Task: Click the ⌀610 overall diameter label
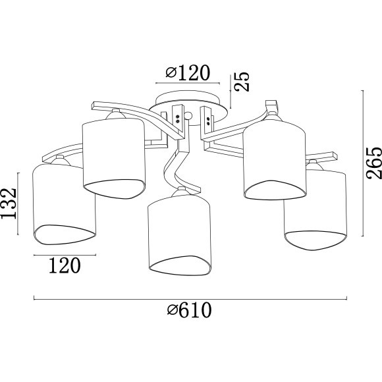click(x=189, y=310)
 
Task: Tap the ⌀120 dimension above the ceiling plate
click(x=188, y=72)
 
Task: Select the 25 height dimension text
click(x=242, y=82)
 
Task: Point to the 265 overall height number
click(x=373, y=163)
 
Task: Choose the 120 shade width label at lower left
click(x=65, y=265)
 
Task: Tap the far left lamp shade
click(x=64, y=204)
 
